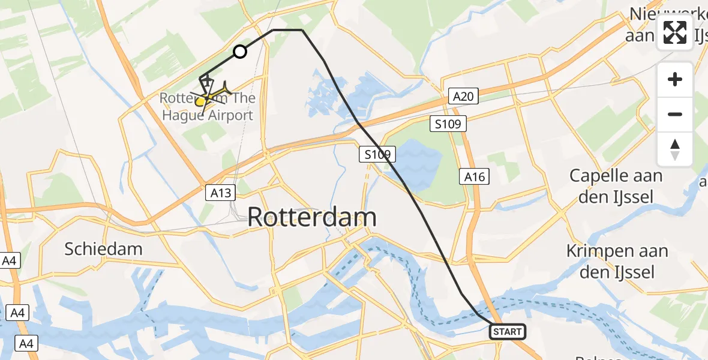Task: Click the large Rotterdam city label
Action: click(312, 217)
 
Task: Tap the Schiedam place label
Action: click(103, 249)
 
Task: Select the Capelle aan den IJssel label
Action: click(616, 186)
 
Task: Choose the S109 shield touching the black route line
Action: click(377, 155)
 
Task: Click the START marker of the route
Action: click(508, 331)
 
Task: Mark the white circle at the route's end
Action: click(240, 52)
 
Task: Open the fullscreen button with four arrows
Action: click(675, 32)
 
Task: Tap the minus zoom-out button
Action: click(675, 114)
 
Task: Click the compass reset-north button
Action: click(675, 149)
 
